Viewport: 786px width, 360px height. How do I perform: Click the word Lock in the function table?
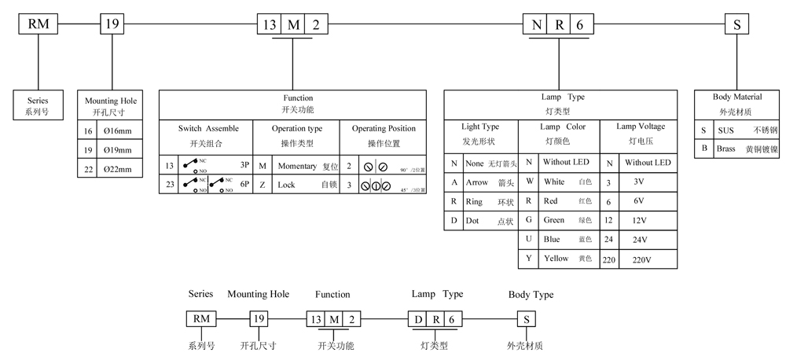286,186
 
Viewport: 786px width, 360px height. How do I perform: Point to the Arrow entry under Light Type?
477,182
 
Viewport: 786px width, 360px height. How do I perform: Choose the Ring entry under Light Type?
474,202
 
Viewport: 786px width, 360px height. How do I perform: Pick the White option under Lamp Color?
554,182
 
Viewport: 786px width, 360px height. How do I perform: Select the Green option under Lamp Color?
555,219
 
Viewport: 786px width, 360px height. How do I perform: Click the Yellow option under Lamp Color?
556,258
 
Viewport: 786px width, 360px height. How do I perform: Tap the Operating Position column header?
384,128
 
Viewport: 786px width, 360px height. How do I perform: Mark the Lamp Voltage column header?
640,126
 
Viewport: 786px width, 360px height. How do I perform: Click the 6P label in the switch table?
245,186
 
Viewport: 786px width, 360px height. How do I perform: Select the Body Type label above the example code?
531,295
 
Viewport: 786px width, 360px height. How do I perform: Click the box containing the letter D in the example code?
417,319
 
